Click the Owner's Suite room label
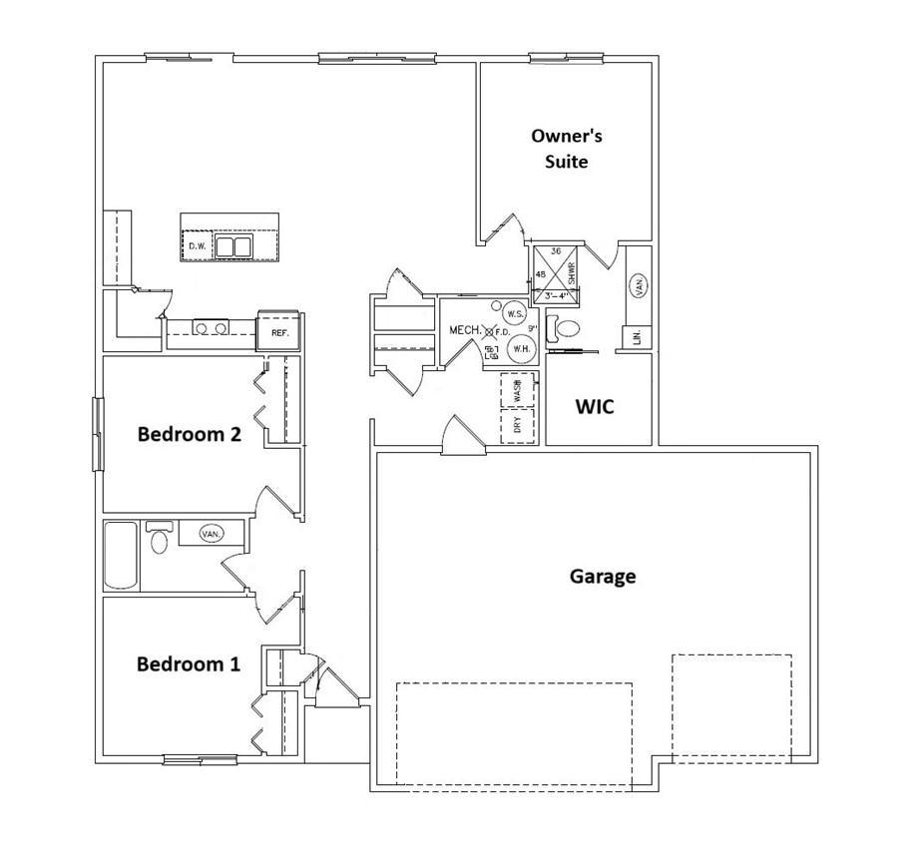pyautogui.click(x=566, y=148)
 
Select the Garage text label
pyautogui.click(x=603, y=576)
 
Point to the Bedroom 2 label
pyautogui.click(x=190, y=434)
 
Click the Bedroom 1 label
pyautogui.click(x=189, y=663)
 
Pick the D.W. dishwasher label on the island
pyautogui.click(x=198, y=246)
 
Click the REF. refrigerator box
pyautogui.click(x=279, y=332)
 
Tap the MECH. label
pyautogui.click(x=466, y=330)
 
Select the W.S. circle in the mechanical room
pyautogui.click(x=514, y=313)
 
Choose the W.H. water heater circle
pyautogui.click(x=520, y=349)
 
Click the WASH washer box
pyautogui.click(x=517, y=390)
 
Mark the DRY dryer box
pyautogui.click(x=517, y=426)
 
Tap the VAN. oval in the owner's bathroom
pyautogui.click(x=638, y=285)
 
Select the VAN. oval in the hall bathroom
pyautogui.click(x=211, y=534)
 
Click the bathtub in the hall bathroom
pyautogui.click(x=121, y=555)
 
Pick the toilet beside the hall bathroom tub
pyautogui.click(x=158, y=540)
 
